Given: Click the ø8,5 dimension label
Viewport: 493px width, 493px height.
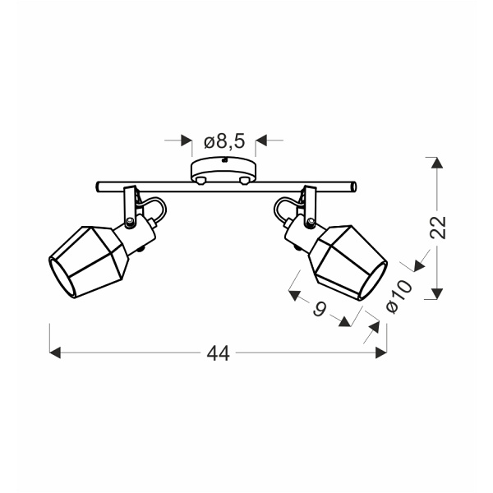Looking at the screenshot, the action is pos(224,142).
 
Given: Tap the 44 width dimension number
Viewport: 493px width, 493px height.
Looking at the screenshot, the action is pos(219,353).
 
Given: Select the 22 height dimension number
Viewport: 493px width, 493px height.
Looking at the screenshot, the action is pos(438,228).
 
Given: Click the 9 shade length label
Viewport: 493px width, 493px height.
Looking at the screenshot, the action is pos(320,309).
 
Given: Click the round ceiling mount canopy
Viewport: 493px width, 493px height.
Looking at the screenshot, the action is pos(223,170).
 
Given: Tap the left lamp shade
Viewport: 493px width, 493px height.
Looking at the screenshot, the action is pos(89,262).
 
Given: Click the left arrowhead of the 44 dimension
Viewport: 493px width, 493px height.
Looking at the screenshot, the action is pos(55,352).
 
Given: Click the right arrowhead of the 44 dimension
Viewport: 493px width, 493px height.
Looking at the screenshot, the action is pos(381,352).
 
